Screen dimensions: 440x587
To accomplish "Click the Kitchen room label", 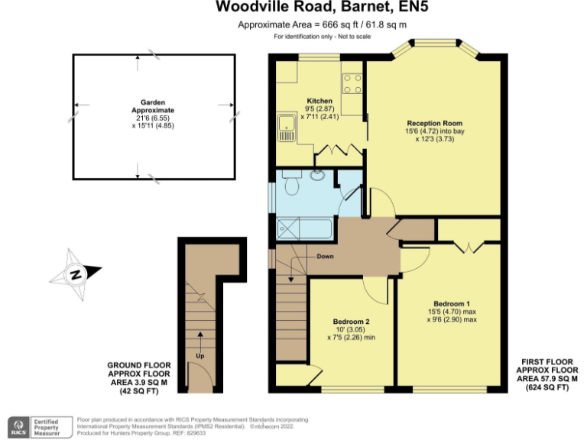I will click(319, 101).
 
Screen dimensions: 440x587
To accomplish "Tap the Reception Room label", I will click(434, 123).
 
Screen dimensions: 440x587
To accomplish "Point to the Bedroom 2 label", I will click(351, 321).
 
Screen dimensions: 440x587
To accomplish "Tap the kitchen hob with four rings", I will click(352, 82).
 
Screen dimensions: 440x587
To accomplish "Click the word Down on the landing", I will click(325, 257).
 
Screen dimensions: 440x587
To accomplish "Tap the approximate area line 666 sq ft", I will click(321, 25).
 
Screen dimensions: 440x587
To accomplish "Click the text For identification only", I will click(321, 37).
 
